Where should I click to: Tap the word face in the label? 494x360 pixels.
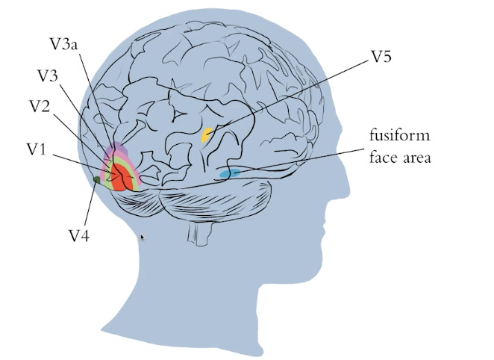point(385,158)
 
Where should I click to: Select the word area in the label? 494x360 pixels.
point(417,158)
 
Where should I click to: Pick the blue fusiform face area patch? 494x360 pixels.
point(230,174)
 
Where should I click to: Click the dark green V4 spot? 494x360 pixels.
point(96,179)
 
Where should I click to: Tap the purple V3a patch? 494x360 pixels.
point(119,152)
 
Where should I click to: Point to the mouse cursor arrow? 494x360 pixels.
point(143,238)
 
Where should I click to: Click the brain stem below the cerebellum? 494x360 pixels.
point(199,234)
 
